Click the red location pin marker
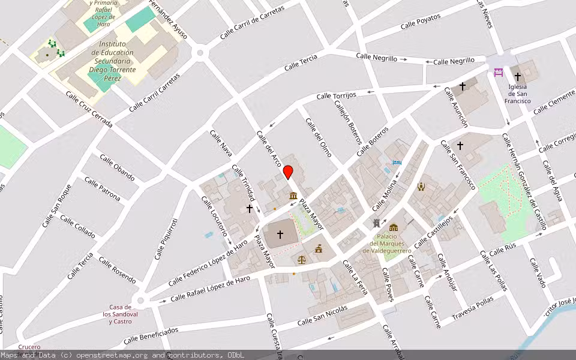click(288, 172)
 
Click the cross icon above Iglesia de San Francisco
click(518, 77)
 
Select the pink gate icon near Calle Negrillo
click(498, 73)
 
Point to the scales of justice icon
click(302, 260)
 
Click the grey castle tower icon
click(376, 223)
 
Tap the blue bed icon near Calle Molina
click(396, 163)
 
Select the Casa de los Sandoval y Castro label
click(120, 314)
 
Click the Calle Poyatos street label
click(421, 21)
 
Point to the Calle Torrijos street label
click(336, 95)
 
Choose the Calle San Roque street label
click(56, 205)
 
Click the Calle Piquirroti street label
click(166, 239)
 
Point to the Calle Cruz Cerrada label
click(89, 109)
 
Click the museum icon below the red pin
click(293, 196)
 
